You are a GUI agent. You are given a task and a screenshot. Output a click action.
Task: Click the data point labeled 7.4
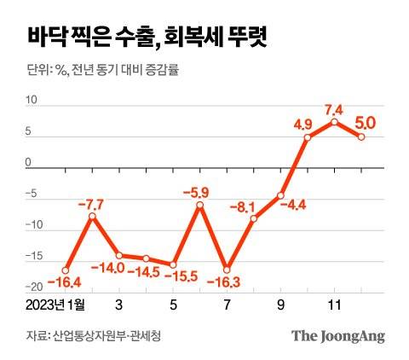pos(335,122)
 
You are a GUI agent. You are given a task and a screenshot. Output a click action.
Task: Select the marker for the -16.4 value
pos(65,270)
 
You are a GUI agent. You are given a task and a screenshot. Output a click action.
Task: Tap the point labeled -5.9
pos(200,205)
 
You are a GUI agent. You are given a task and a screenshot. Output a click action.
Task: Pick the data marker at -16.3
pos(227,269)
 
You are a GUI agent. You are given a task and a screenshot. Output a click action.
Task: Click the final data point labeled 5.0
pos(362,136)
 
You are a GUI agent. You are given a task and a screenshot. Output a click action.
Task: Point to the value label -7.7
pos(91,203)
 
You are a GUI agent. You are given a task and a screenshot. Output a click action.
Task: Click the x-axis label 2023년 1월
pos(57,305)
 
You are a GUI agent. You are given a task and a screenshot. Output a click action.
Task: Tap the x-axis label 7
pos(227,305)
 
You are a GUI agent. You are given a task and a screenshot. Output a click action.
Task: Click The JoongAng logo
pos(338,335)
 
